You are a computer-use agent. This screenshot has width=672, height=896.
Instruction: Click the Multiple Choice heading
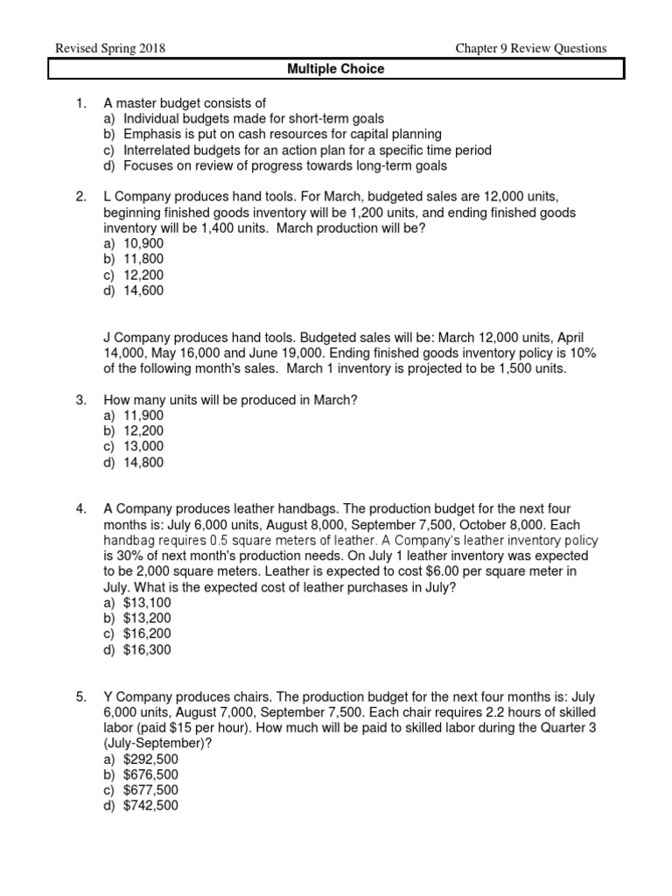[x=337, y=69]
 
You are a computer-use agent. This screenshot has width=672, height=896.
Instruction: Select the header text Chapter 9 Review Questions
[x=530, y=48]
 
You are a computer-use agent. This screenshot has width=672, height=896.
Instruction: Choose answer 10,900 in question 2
[x=143, y=243]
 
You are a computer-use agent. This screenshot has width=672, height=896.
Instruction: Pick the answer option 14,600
[x=143, y=290]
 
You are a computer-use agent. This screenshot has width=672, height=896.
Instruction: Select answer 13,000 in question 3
[x=143, y=446]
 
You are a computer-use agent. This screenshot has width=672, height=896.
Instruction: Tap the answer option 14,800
[x=143, y=462]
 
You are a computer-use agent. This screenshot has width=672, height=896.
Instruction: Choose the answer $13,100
[x=147, y=603]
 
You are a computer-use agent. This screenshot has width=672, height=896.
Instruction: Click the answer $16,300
[x=147, y=650]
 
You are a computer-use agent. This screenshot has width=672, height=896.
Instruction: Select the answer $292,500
[x=150, y=759]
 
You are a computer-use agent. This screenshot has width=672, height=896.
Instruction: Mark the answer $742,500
[x=150, y=806]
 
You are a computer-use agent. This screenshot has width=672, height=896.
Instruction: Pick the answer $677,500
[x=150, y=790]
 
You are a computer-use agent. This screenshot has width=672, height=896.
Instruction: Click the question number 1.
[x=80, y=103]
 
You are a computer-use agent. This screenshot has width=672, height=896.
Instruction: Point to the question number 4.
[x=80, y=508]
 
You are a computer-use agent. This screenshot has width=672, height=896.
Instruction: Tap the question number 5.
[x=80, y=696]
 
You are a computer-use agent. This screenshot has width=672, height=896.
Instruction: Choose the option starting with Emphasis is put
[x=283, y=135]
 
